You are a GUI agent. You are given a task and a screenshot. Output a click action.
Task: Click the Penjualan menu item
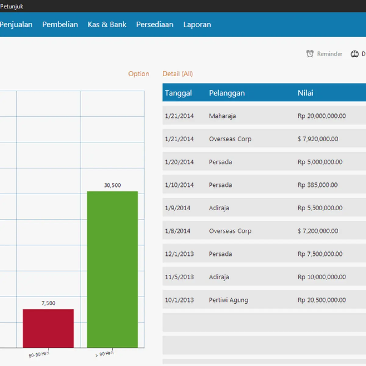point(16,24)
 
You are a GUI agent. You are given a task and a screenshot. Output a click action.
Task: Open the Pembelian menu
point(60,24)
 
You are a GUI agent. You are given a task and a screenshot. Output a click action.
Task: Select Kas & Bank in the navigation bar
point(107,24)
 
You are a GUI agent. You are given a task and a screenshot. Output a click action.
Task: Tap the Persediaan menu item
point(155,24)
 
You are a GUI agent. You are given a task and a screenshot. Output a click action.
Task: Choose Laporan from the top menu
point(197,25)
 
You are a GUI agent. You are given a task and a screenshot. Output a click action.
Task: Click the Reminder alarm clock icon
point(310,54)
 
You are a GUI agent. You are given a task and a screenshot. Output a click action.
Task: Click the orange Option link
point(139,74)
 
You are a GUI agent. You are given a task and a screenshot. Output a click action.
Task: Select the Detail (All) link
point(178,74)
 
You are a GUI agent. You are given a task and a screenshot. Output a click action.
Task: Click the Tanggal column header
point(178,93)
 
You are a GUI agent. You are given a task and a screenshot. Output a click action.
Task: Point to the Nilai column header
point(305,93)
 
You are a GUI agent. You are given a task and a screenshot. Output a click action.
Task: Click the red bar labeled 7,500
point(48,328)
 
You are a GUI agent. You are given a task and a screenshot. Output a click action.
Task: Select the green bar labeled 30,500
point(113,269)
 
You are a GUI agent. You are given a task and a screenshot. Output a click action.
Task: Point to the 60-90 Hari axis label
point(39,354)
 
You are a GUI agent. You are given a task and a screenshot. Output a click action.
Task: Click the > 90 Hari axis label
point(105,354)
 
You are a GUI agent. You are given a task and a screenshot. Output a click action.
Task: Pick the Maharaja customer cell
point(222,116)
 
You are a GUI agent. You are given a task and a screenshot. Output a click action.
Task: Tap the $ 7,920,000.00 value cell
point(318,139)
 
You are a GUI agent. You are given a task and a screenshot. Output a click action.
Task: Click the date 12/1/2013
point(179,254)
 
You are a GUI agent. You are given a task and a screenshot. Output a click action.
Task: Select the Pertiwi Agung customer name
point(228,300)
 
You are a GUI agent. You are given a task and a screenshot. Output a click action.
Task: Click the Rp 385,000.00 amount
point(318,185)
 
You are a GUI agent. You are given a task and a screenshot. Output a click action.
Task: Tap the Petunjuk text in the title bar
point(12,6)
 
